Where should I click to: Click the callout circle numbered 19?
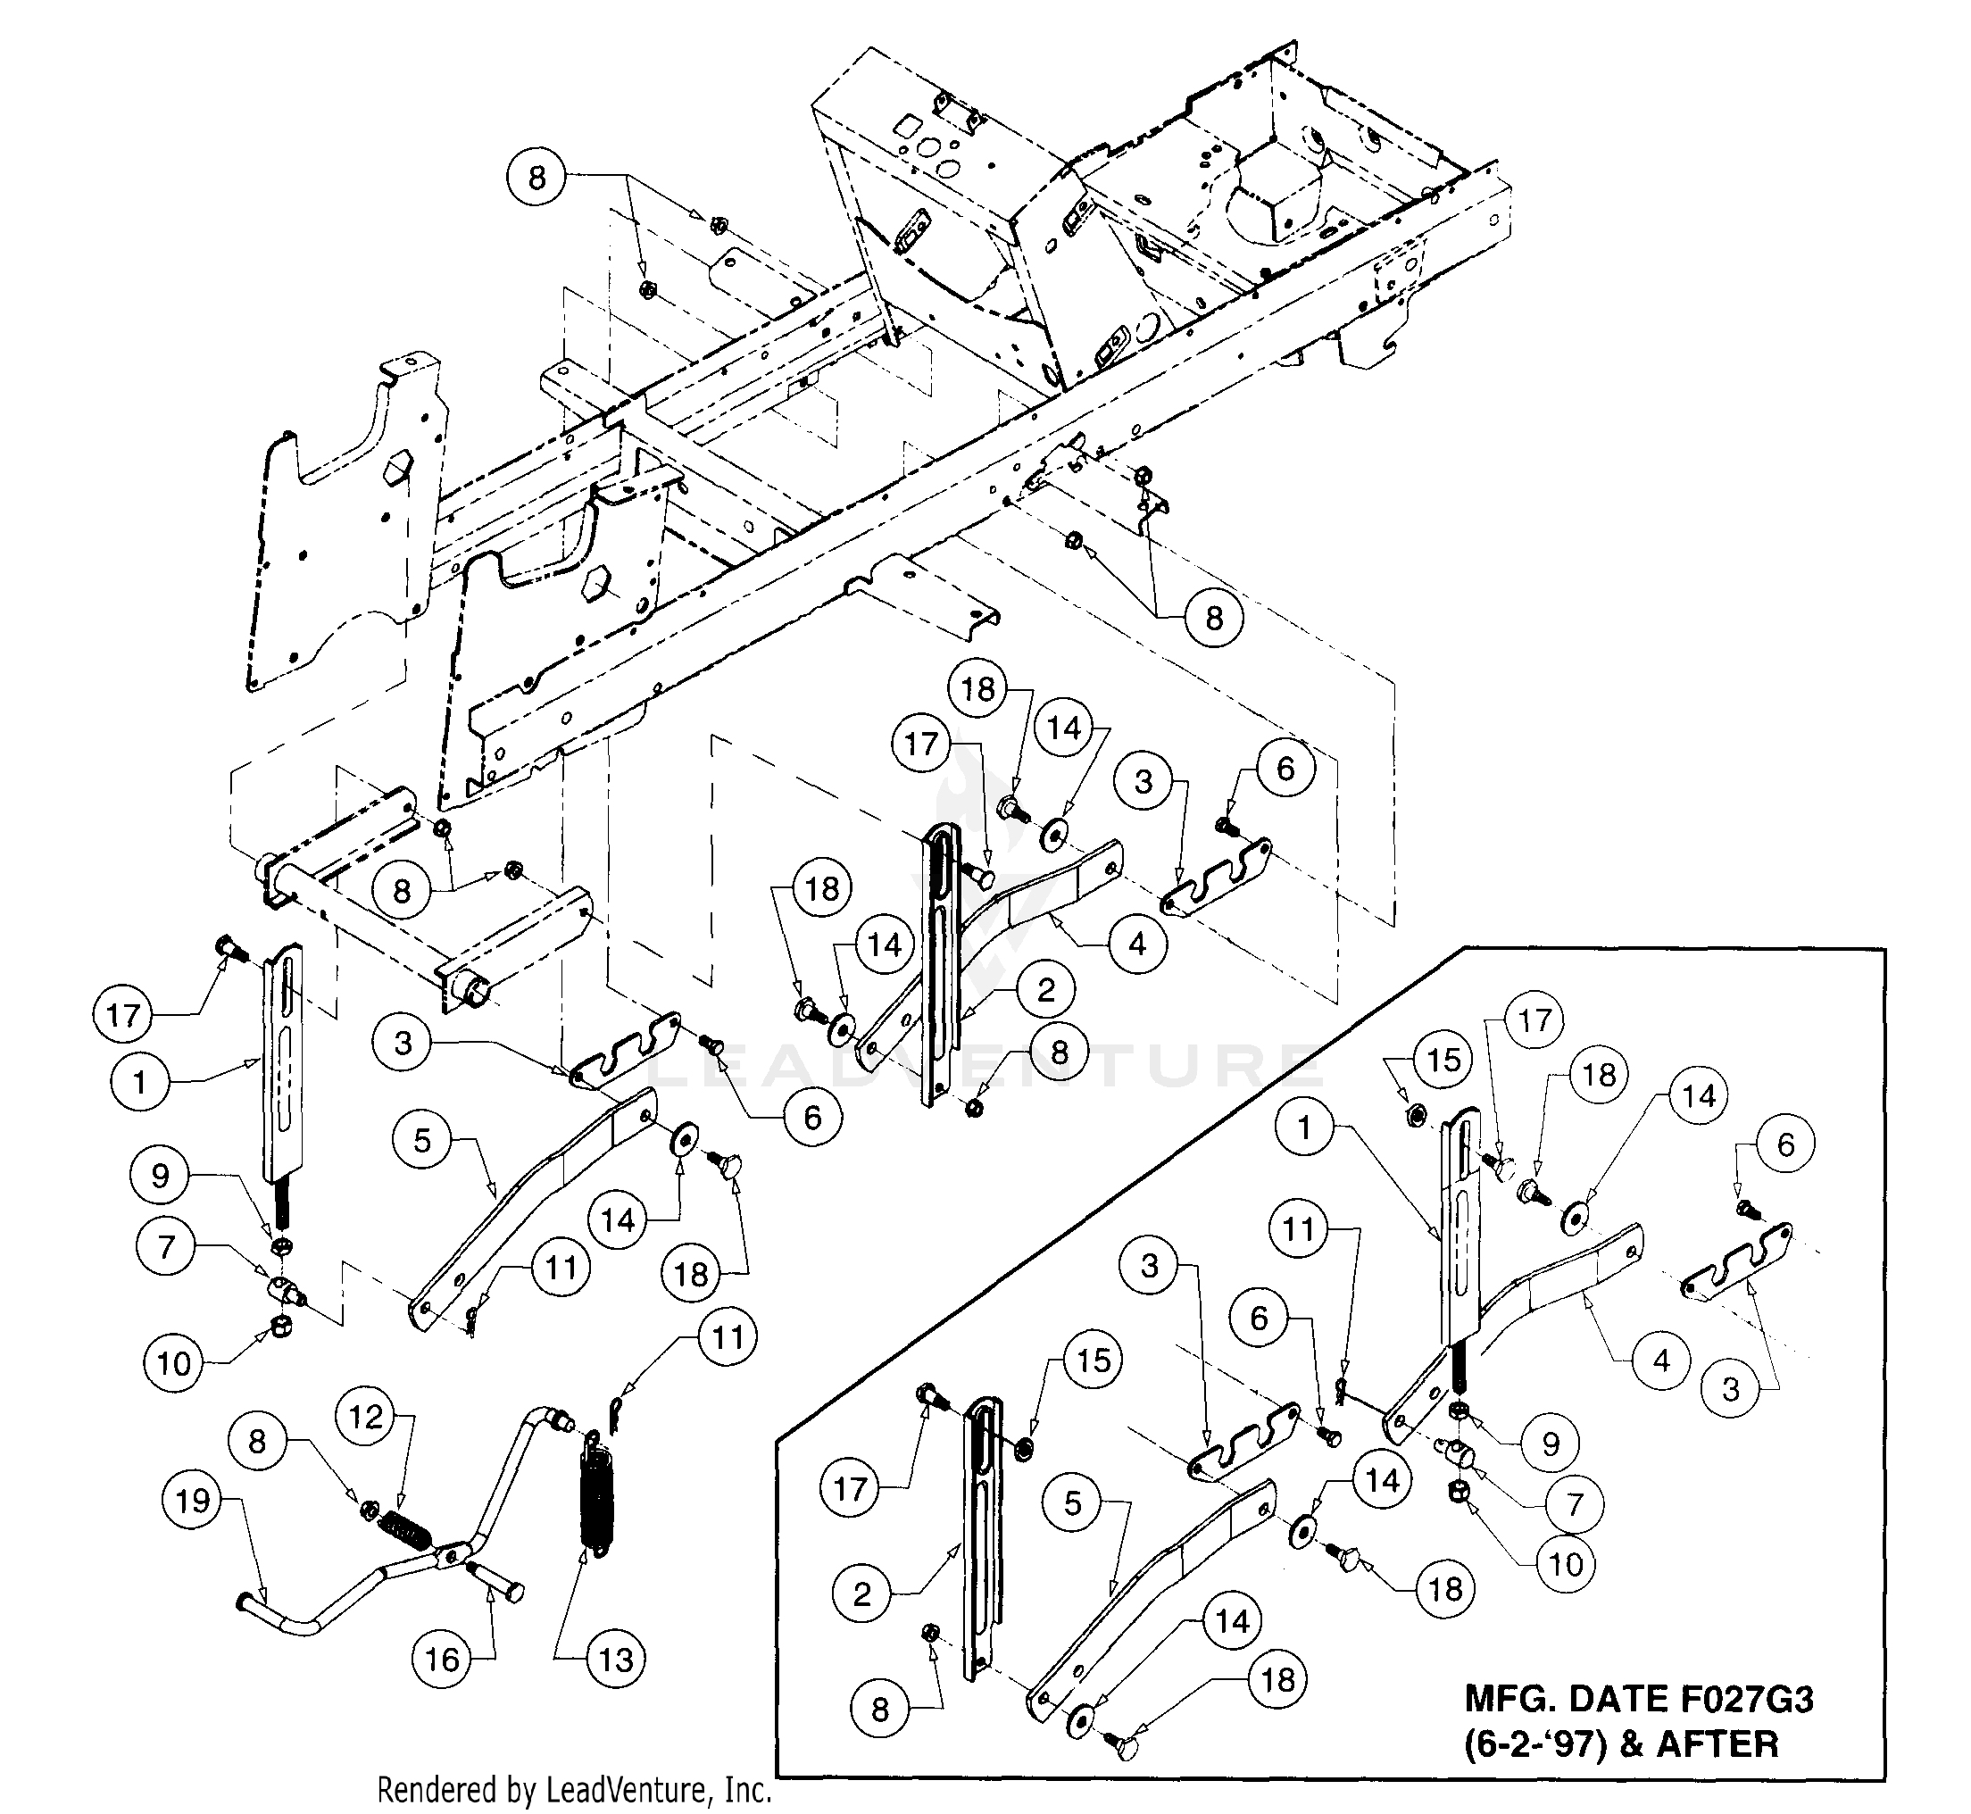click(193, 1501)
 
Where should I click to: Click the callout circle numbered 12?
click(366, 1417)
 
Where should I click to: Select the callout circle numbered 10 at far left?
click(174, 1362)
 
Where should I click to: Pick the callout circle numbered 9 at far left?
click(160, 1176)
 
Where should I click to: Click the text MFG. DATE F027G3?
click(1638, 1698)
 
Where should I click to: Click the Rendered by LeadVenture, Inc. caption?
click(574, 1791)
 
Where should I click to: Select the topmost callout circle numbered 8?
click(536, 178)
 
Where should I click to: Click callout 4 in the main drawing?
click(1137, 944)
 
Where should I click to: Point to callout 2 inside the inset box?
click(861, 1593)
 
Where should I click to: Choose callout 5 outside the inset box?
click(422, 1141)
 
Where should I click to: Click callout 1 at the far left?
click(139, 1083)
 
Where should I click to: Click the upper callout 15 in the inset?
click(1443, 1061)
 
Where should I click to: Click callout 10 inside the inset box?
click(1566, 1565)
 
